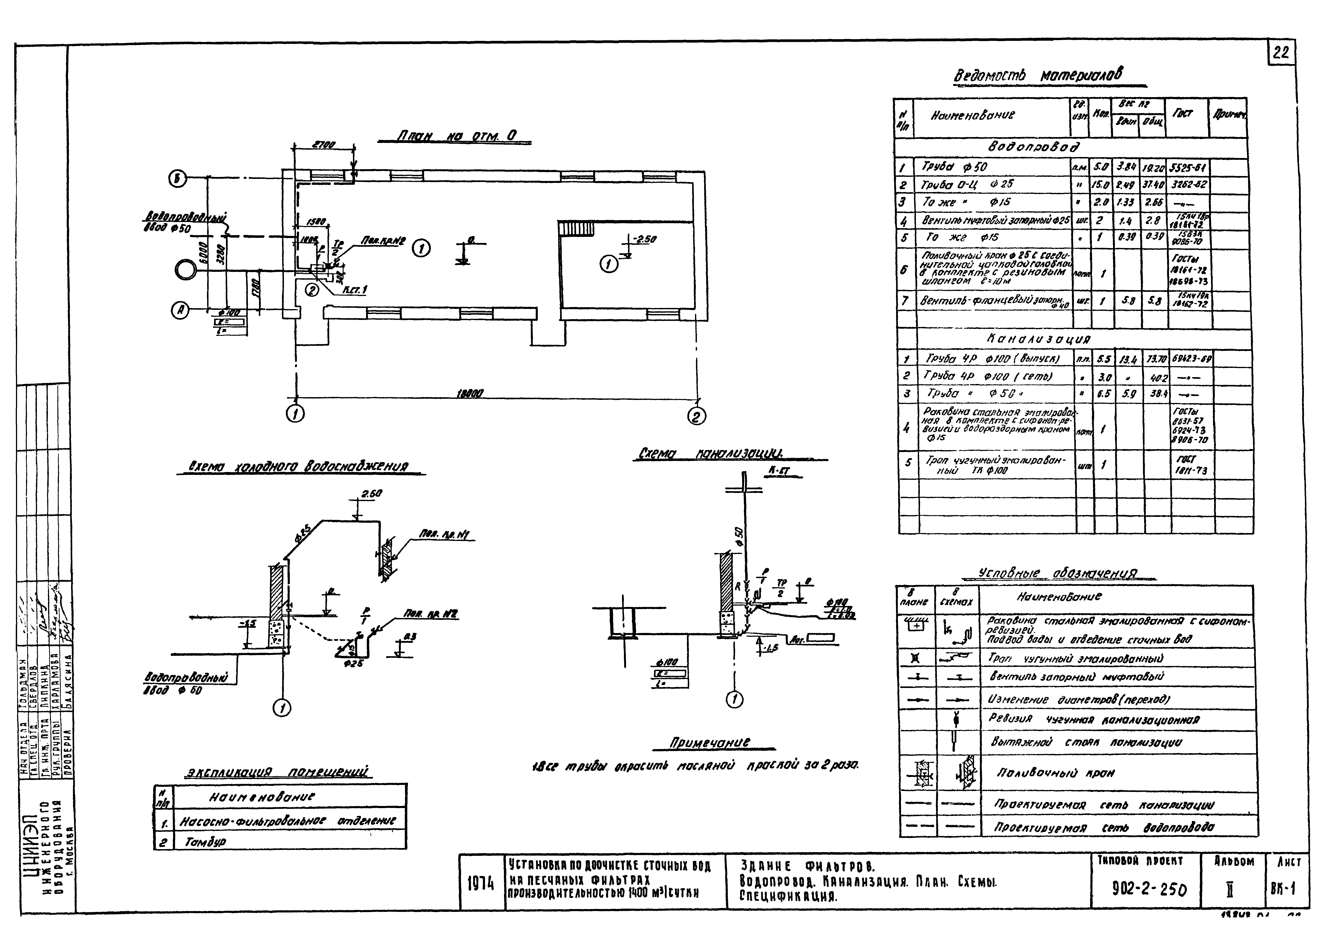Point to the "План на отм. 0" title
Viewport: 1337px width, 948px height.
pyautogui.click(x=456, y=136)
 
